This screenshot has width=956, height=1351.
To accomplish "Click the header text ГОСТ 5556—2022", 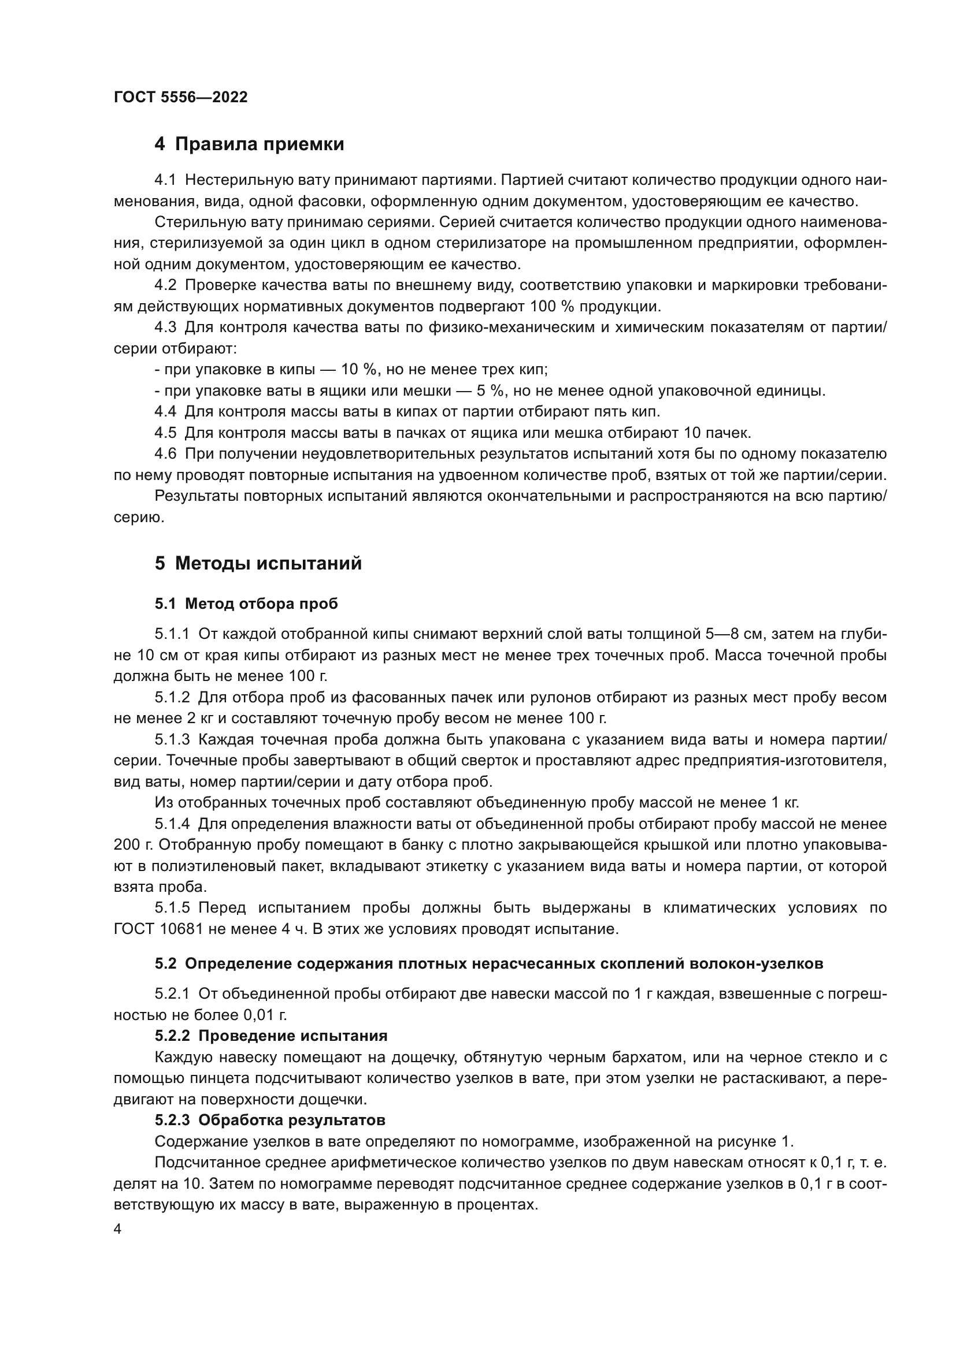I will pyautogui.click(x=181, y=98).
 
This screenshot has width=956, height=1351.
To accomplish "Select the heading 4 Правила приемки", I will pyautogui.click(x=249, y=144).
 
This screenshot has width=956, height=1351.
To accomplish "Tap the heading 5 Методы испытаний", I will pyautogui.click(x=258, y=563).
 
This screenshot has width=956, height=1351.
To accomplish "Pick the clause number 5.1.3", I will pyautogui.click(x=172, y=740).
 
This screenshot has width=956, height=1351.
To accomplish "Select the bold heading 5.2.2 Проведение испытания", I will pyautogui.click(x=271, y=1036).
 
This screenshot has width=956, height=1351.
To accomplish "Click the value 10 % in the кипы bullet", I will pyautogui.click(x=358, y=370).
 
